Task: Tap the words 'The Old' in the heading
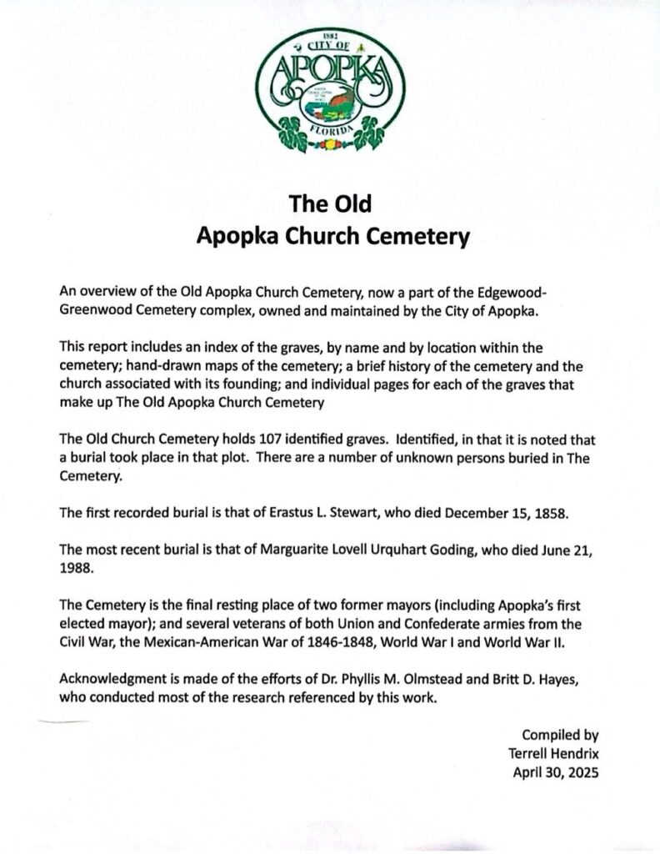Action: point(329,204)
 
